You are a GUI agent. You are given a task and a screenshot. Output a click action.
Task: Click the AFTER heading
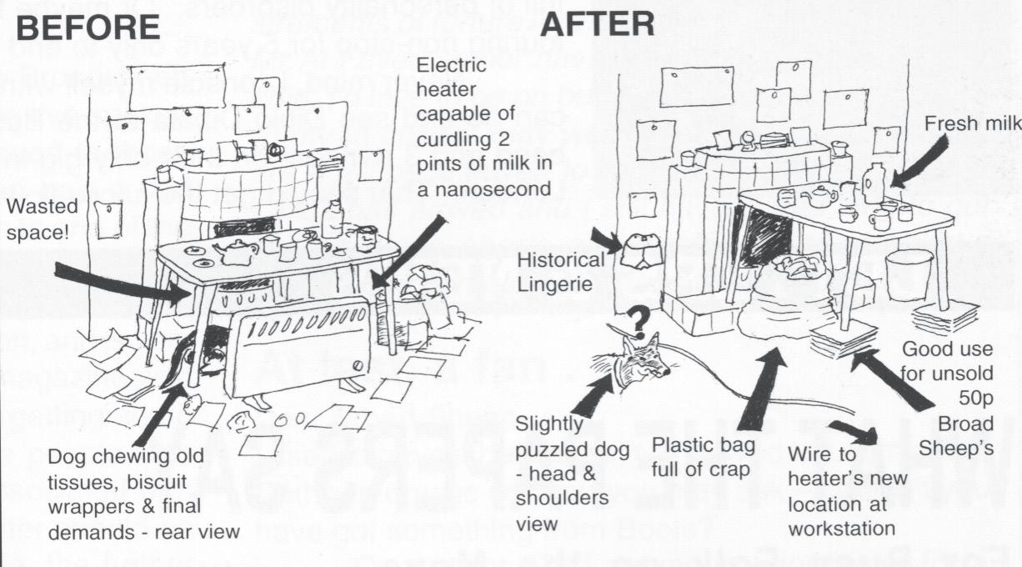597,23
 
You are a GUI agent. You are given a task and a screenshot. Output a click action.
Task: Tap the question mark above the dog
638,319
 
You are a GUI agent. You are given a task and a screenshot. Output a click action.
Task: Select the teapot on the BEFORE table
235,252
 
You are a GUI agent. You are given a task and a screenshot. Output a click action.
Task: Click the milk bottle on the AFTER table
874,183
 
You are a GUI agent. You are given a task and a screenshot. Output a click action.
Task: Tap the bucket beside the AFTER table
909,274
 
